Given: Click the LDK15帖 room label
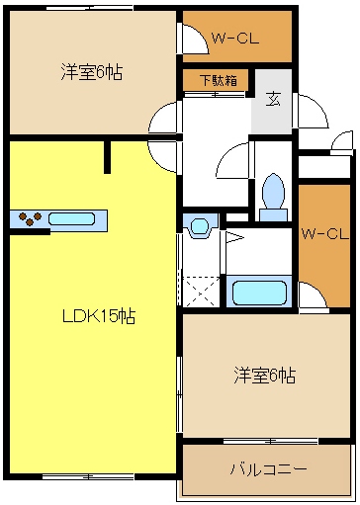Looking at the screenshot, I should (99, 316).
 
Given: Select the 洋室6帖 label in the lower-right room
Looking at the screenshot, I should (264, 376).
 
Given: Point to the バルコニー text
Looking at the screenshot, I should (267, 467).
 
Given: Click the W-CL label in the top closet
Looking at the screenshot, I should (235, 41).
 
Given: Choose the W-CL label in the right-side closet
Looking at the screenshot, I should (324, 234).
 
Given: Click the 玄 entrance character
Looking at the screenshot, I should (272, 97).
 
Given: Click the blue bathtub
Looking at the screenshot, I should (258, 292).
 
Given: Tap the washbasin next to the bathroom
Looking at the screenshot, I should (201, 227).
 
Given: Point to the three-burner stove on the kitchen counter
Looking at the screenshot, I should (31, 219).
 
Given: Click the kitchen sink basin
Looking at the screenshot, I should (71, 218).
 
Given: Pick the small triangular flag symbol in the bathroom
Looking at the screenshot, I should (233, 237).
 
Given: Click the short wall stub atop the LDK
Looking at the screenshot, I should (108, 155).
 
